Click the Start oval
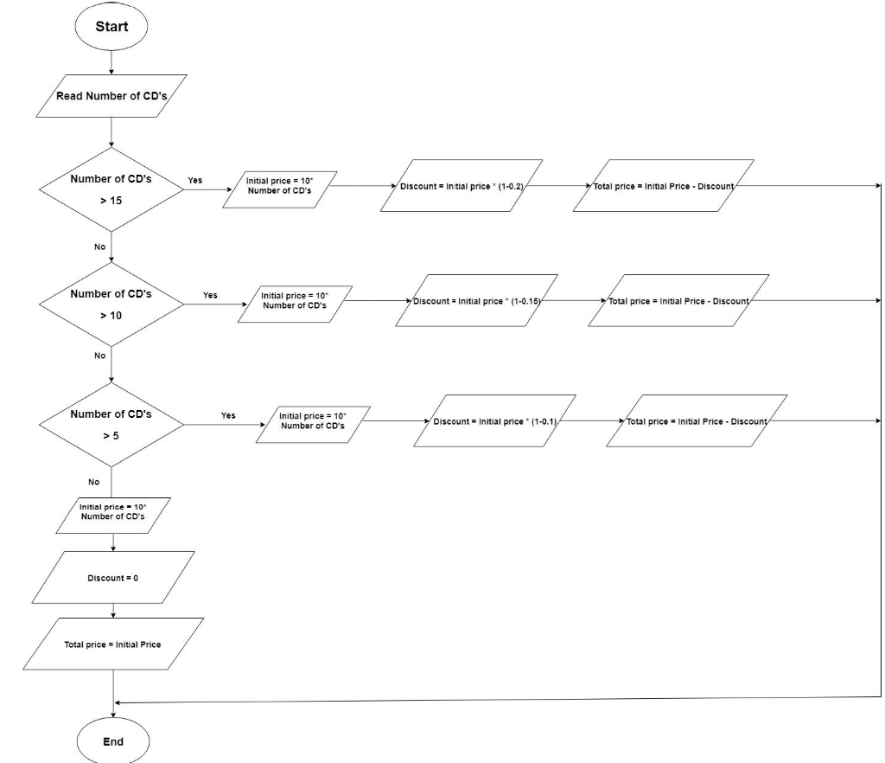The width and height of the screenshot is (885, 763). (111, 27)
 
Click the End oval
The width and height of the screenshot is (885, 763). (112, 741)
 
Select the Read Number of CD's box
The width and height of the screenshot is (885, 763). (111, 96)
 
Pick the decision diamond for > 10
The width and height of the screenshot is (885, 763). (111, 304)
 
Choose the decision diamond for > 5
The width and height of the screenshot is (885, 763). (111, 424)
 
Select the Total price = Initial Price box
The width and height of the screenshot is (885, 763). (112, 644)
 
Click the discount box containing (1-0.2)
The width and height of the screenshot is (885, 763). (462, 186)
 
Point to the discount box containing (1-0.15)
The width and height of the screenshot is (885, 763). (476, 301)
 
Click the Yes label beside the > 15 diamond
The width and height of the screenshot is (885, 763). (194, 181)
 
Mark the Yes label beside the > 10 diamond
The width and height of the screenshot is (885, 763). (210, 295)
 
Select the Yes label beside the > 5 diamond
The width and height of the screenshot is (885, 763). (228, 415)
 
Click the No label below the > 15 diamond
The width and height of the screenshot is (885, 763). (99, 247)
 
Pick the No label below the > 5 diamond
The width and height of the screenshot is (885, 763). (93, 482)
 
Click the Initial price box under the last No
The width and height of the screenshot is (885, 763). (112, 516)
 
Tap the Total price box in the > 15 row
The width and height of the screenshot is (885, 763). (664, 186)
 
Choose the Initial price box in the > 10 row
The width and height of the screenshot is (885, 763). (295, 300)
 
